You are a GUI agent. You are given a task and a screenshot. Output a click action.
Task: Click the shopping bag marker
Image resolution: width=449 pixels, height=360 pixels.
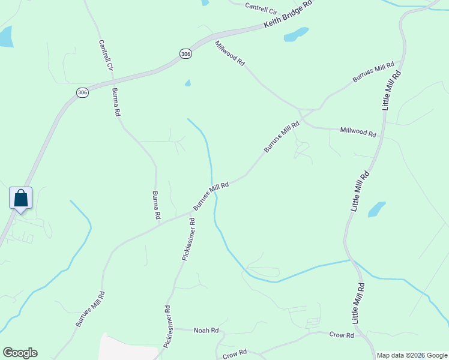coord(20,198)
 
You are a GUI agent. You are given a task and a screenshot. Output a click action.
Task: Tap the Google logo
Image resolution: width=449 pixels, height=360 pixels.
coord(20,353)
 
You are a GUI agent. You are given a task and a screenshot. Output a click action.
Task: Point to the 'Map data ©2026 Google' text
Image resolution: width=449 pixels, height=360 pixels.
coord(412,355)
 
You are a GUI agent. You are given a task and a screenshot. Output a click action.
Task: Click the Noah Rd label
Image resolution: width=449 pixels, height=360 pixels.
coord(206,331)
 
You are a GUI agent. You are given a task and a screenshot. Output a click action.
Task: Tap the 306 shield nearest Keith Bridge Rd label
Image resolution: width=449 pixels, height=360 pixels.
coord(185,54)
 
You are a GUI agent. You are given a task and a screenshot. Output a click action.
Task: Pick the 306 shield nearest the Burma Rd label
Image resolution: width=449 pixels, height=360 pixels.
coord(82,92)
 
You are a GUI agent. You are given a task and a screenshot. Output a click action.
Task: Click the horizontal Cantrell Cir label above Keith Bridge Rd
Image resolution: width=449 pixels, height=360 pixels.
coord(261,8)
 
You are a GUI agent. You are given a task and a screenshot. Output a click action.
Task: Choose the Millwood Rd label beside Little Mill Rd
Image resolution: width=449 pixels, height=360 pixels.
coord(358,131)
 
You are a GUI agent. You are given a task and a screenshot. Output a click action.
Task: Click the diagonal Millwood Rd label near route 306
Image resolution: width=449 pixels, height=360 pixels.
coord(231,53)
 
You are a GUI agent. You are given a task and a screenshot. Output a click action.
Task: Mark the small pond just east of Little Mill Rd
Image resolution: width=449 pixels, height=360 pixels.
coord(376,209)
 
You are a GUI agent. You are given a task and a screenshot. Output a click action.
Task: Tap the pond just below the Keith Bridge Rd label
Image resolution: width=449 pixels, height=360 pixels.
coord(296,34)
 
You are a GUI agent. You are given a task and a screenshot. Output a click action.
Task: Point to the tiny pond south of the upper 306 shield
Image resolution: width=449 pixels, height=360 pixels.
coord(188,83)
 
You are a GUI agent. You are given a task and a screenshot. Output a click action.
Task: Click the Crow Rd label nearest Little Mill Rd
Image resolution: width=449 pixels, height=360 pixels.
coord(342,335)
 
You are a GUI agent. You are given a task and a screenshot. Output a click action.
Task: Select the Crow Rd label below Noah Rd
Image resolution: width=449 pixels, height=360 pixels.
coord(235,354)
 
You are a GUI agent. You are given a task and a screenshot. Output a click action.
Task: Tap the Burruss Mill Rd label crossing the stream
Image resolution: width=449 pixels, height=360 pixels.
coord(211,196)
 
